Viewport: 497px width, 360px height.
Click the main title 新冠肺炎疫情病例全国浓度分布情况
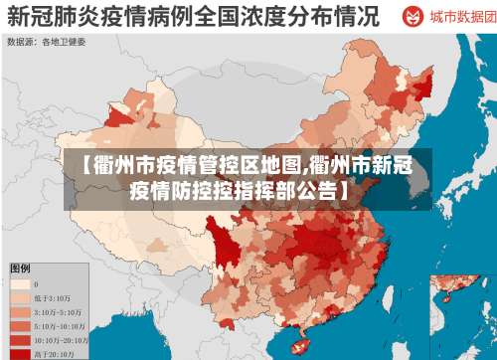point(194,17)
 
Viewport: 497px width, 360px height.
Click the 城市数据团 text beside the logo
point(456,18)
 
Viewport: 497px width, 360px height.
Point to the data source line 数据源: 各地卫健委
point(47,43)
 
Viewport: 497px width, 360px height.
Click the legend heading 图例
point(20,269)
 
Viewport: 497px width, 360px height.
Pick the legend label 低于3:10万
point(59,297)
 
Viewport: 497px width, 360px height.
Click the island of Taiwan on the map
point(402,299)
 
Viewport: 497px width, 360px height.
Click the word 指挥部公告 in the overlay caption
point(288,189)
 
